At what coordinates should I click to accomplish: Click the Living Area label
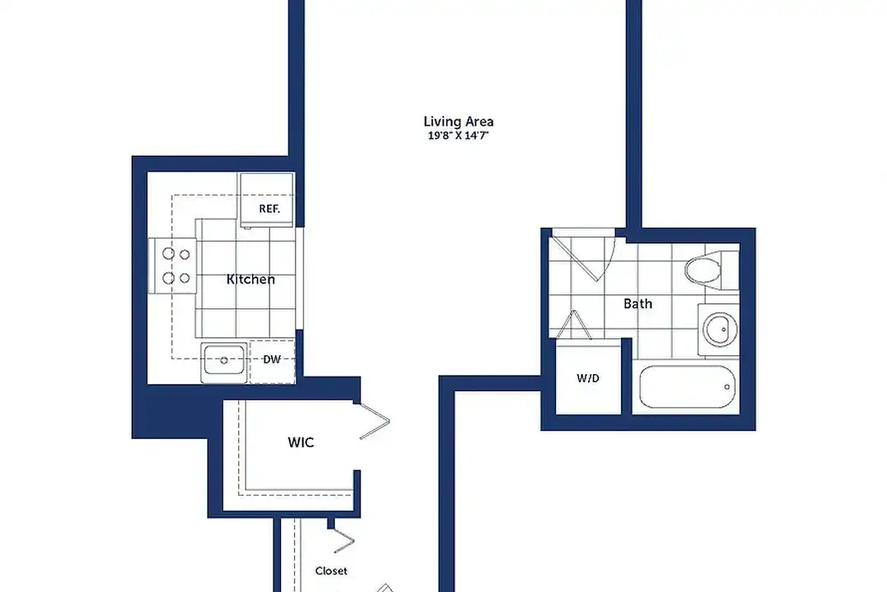[458, 122]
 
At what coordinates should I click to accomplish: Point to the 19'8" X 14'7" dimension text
[458, 136]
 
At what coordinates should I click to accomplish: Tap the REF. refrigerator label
[269, 209]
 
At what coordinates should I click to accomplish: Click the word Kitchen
[250, 280]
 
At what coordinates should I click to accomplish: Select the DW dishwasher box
[272, 361]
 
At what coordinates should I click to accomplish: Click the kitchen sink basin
[224, 360]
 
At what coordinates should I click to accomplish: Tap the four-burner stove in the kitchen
[173, 266]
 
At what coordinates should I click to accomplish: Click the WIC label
[301, 442]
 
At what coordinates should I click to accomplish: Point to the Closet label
[332, 571]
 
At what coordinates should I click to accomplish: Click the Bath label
[637, 303]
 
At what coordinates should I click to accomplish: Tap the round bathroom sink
[720, 329]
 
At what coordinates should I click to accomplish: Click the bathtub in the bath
[688, 387]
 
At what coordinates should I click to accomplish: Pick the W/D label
[588, 378]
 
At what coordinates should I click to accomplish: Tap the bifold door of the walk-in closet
[375, 420]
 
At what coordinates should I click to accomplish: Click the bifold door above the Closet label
[342, 540]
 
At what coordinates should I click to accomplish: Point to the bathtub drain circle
[727, 387]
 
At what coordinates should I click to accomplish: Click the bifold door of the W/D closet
[573, 325]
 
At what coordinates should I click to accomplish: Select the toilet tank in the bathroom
[730, 271]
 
